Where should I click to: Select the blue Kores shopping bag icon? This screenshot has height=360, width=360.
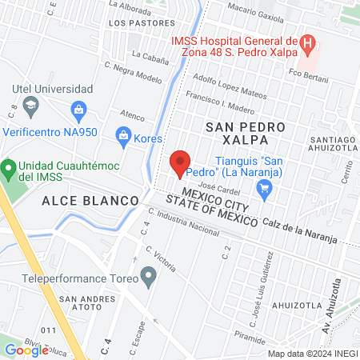(124, 134)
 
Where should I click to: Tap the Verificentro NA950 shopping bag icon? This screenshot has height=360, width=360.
(78, 108)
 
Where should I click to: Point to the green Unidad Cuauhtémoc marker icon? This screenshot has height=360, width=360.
(9, 169)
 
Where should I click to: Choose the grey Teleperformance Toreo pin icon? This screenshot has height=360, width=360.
(148, 278)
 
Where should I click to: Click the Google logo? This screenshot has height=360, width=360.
(26, 350)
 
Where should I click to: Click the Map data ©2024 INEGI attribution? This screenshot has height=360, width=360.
(312, 353)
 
